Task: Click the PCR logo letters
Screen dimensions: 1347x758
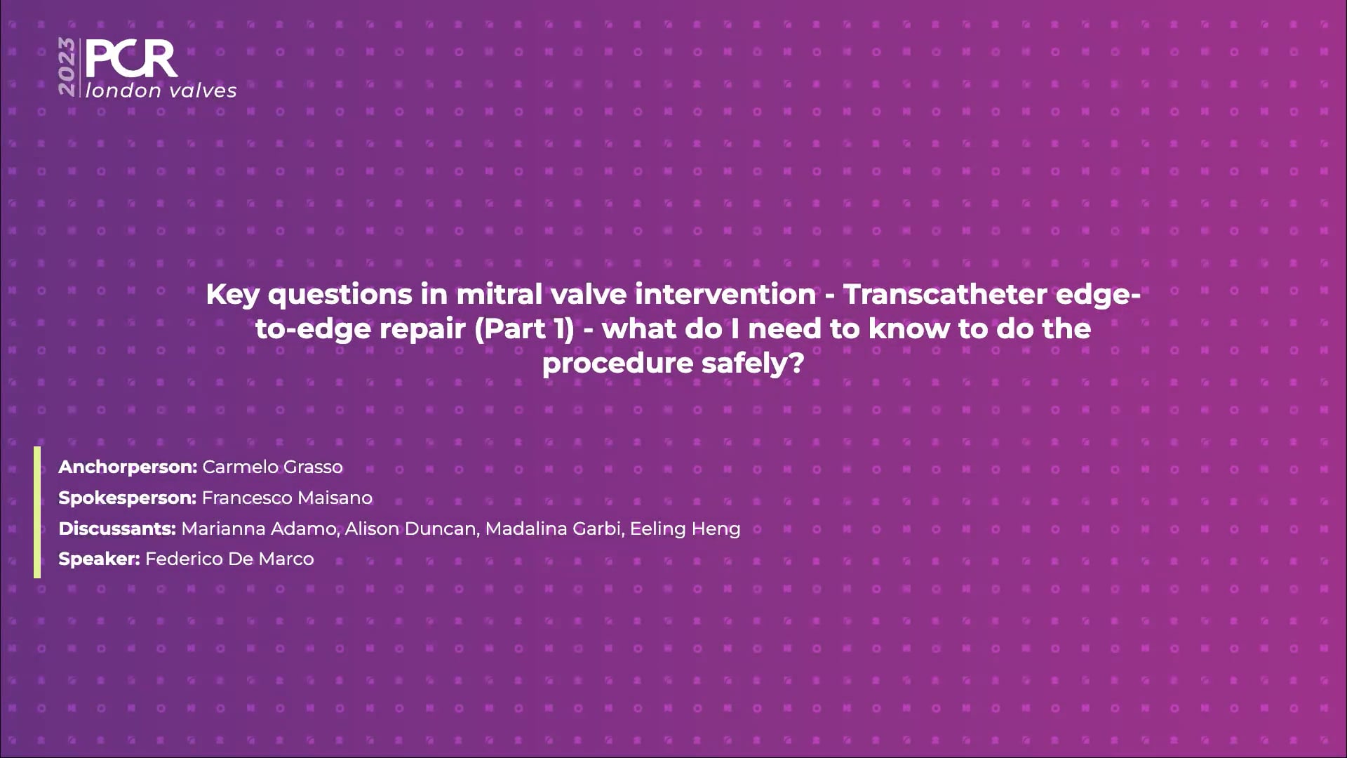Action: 131,60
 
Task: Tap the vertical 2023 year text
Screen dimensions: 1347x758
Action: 67,67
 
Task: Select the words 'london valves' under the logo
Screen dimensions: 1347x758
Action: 161,91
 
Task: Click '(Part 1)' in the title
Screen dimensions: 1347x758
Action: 524,329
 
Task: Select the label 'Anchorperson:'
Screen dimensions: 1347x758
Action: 128,467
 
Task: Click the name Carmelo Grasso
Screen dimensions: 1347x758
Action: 273,467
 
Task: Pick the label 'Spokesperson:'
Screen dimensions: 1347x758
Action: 127,498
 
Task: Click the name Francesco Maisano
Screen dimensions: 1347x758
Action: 287,498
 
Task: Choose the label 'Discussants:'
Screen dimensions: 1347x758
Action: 117,528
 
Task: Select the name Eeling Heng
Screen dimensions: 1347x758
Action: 685,529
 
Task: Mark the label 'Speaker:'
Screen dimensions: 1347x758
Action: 99,559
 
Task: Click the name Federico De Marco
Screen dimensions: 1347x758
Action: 229,559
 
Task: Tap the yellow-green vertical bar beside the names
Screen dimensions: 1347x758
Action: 37,512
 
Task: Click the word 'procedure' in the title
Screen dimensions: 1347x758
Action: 608,364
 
